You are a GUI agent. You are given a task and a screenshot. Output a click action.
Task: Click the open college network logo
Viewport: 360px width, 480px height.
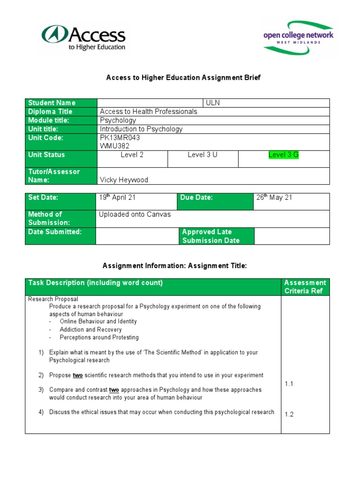[x=298, y=37]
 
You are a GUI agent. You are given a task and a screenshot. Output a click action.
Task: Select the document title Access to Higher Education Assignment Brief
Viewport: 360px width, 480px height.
[x=183, y=78]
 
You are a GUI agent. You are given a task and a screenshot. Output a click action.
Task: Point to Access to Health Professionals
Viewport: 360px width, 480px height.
[x=149, y=112]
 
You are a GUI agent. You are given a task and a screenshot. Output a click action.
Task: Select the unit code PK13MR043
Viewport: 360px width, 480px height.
[x=120, y=138]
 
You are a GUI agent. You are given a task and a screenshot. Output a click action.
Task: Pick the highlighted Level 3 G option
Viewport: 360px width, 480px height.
[x=283, y=155]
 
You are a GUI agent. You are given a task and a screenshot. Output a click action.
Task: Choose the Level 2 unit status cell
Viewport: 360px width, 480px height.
[x=132, y=155]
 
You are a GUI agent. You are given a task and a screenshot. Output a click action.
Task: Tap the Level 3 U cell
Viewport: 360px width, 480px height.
[x=202, y=155]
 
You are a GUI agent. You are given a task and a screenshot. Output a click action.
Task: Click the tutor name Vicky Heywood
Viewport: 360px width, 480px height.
[x=124, y=180]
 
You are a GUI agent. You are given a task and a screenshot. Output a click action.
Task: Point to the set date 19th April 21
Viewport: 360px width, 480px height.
[x=117, y=198]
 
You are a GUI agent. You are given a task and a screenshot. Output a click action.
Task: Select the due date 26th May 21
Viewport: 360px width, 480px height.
[x=274, y=198]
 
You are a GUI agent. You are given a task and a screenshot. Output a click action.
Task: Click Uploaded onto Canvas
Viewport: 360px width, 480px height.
[x=135, y=215]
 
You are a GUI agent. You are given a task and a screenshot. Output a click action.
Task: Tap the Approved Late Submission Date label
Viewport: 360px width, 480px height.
[x=210, y=236]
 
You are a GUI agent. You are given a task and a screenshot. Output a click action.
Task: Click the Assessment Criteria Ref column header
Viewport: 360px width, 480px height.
[x=305, y=286]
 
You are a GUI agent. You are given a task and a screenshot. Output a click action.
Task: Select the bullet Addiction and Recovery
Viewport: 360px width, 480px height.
[x=90, y=330]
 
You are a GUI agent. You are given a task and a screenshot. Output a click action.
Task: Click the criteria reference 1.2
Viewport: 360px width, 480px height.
[x=289, y=414]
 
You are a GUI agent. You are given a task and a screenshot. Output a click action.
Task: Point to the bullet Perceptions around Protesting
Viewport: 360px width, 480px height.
[x=99, y=337]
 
